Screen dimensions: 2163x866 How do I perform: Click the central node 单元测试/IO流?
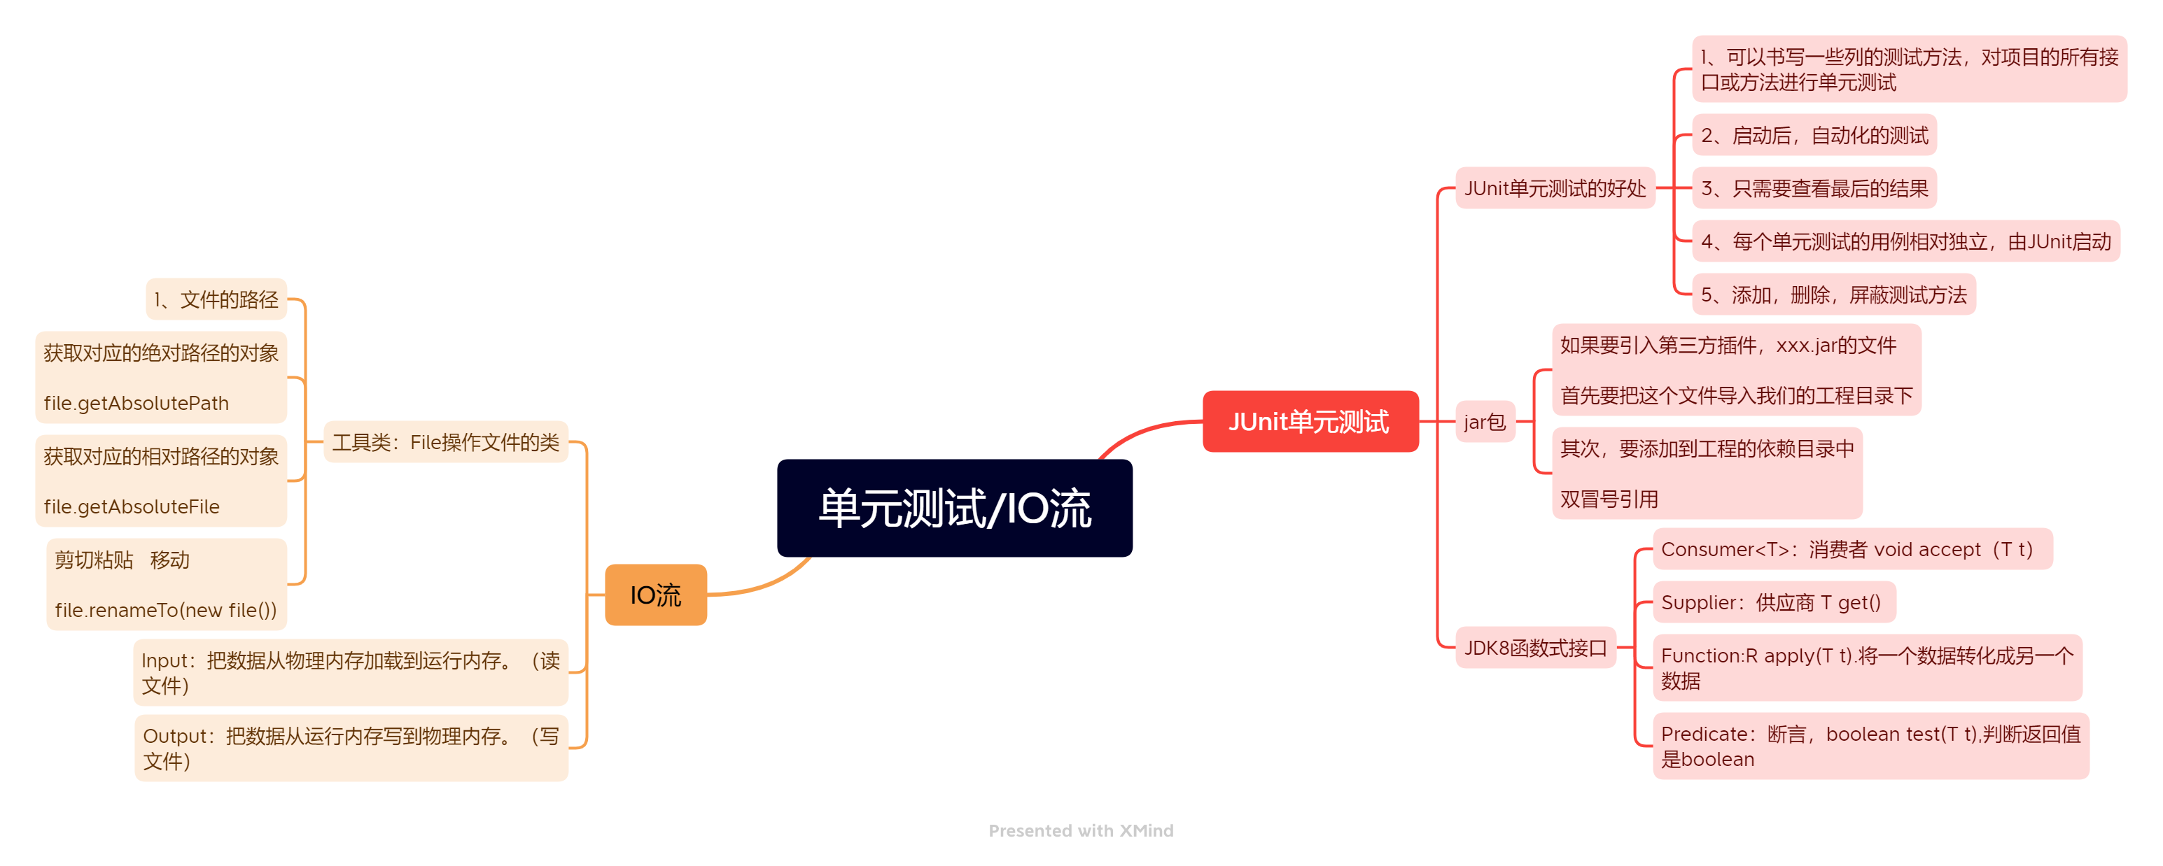pyautogui.click(x=954, y=508)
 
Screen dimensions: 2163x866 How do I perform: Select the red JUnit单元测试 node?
pyautogui.click(x=1310, y=421)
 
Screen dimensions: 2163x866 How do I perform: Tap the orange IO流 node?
pyautogui.click(x=655, y=595)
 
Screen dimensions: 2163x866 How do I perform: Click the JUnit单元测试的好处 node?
pyautogui.click(x=1554, y=188)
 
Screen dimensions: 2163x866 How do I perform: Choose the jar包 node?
pyautogui.click(x=1484, y=421)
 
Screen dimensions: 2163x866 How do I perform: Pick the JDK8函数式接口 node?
pyautogui.click(x=1535, y=648)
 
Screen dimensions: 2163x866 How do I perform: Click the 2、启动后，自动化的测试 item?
pyautogui.click(x=1814, y=135)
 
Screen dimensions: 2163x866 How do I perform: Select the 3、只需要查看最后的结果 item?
pyautogui.click(x=1814, y=188)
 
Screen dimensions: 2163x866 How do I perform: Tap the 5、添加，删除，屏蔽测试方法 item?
pyautogui.click(x=1833, y=294)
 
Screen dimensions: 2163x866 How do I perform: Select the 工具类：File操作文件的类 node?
pyautogui.click(x=445, y=442)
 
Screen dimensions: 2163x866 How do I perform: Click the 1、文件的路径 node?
pyautogui.click(x=216, y=299)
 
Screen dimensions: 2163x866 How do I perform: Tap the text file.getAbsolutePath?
pyautogui.click(x=136, y=403)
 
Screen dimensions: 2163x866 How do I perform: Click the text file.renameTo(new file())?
pyautogui.click(x=165, y=610)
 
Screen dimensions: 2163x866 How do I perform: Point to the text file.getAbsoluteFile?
pyautogui.click(x=131, y=507)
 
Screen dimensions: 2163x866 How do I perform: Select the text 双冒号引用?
pyautogui.click(x=1609, y=499)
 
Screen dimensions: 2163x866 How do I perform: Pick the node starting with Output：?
pyautogui.click(x=350, y=748)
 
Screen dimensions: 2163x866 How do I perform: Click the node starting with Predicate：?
pyautogui.click(x=1870, y=746)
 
